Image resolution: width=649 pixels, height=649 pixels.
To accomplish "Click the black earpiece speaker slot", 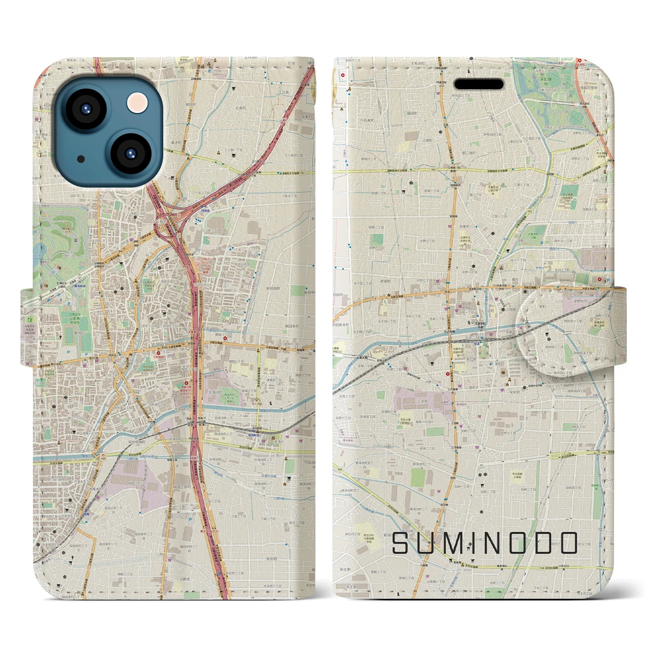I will (478, 84).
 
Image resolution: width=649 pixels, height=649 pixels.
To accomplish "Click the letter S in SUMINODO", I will (402, 544).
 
